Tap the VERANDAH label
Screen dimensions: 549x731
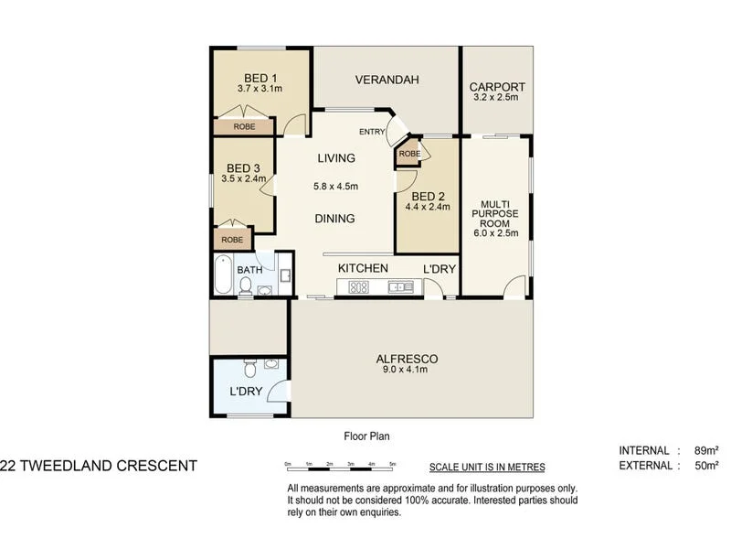pyautogui.click(x=387, y=81)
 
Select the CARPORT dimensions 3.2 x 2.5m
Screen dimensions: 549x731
pyautogui.click(x=496, y=98)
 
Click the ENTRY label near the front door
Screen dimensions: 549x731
pyautogui.click(x=372, y=132)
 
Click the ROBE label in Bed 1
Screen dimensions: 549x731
pyautogui.click(x=243, y=127)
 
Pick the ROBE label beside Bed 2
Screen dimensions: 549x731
pyautogui.click(x=408, y=154)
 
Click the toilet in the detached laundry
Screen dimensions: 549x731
pyautogui.click(x=248, y=370)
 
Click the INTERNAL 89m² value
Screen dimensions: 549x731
pyautogui.click(x=705, y=450)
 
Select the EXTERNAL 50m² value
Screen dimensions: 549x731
pyautogui.click(x=705, y=465)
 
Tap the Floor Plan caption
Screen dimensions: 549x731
pyautogui.click(x=366, y=436)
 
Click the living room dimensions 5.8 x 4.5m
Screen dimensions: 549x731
pyautogui.click(x=335, y=187)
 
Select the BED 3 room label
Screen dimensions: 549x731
pyautogui.click(x=243, y=167)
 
